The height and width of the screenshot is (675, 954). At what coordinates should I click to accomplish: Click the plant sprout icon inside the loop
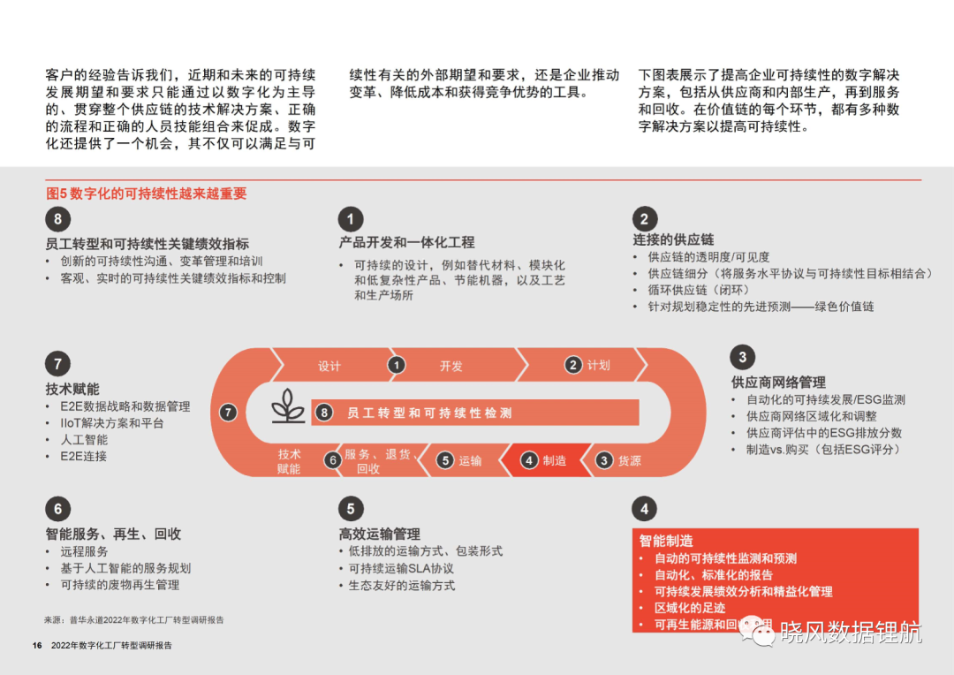tap(288, 406)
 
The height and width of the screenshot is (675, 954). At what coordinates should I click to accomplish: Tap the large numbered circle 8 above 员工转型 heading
tap(57, 219)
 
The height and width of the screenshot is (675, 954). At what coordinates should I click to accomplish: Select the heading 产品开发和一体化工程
tap(406, 242)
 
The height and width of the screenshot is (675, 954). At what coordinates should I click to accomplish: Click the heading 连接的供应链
tap(673, 239)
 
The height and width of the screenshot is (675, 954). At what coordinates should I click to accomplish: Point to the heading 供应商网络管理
tap(778, 383)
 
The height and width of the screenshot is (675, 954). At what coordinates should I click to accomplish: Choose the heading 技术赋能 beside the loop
tap(72, 389)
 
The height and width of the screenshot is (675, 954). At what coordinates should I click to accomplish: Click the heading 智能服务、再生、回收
tap(113, 534)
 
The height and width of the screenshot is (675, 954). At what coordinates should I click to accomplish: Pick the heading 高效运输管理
tap(379, 534)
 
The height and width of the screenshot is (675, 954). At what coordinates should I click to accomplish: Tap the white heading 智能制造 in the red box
tap(666, 541)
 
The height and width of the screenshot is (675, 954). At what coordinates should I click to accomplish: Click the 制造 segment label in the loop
tap(554, 461)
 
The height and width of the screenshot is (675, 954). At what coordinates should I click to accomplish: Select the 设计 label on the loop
tap(329, 366)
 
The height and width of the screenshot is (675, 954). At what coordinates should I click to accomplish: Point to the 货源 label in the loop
tap(629, 461)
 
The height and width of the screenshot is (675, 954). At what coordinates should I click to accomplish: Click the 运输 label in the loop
tap(470, 461)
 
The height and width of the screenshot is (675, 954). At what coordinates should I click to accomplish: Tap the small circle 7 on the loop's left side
tap(228, 413)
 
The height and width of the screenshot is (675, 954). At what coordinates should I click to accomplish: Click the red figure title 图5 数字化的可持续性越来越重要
tap(146, 193)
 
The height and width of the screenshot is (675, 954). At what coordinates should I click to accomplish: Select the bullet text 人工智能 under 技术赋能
tap(84, 439)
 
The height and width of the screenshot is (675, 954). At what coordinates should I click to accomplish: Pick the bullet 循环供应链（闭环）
tap(699, 290)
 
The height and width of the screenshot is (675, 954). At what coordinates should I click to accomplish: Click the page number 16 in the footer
tap(37, 645)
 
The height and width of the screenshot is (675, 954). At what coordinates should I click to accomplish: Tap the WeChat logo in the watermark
tap(756, 632)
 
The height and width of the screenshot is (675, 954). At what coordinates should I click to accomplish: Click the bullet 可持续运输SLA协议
tap(401, 568)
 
